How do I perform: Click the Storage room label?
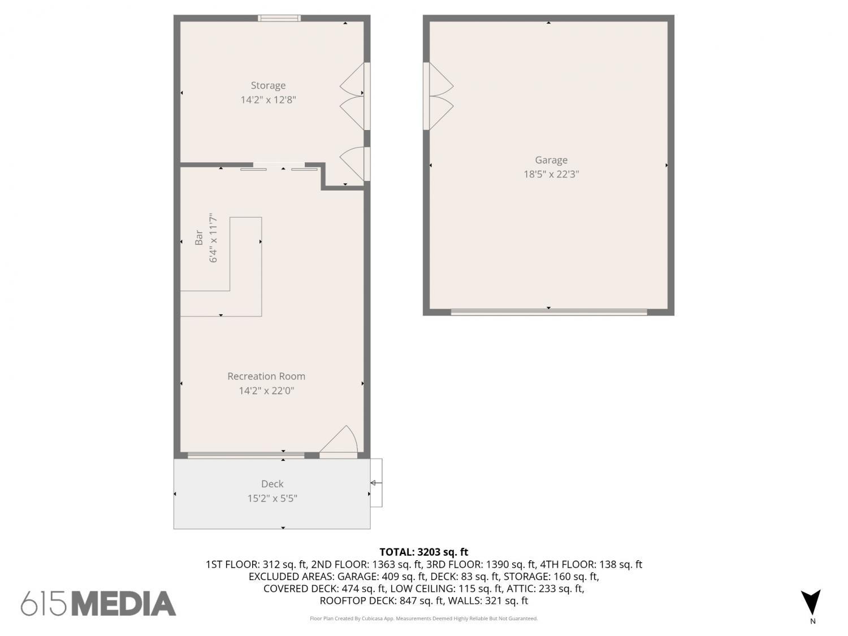(x=268, y=85)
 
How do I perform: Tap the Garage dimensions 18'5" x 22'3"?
(x=551, y=174)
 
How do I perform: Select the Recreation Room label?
(x=266, y=376)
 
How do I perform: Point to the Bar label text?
(x=198, y=238)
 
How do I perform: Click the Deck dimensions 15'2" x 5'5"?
(x=272, y=499)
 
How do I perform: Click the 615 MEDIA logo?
(x=98, y=603)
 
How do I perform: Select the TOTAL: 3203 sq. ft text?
(x=424, y=552)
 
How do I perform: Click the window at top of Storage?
(x=279, y=18)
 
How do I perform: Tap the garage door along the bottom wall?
(x=549, y=312)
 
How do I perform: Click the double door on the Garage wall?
(x=438, y=96)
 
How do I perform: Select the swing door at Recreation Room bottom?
(x=339, y=442)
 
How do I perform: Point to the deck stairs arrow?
(x=377, y=483)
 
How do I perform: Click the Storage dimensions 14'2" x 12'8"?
(x=268, y=100)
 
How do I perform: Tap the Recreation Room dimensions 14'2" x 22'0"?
(x=266, y=391)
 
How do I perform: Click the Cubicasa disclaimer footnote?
(x=424, y=618)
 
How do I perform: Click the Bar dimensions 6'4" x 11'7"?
(x=213, y=238)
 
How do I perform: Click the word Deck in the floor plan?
(x=272, y=484)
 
